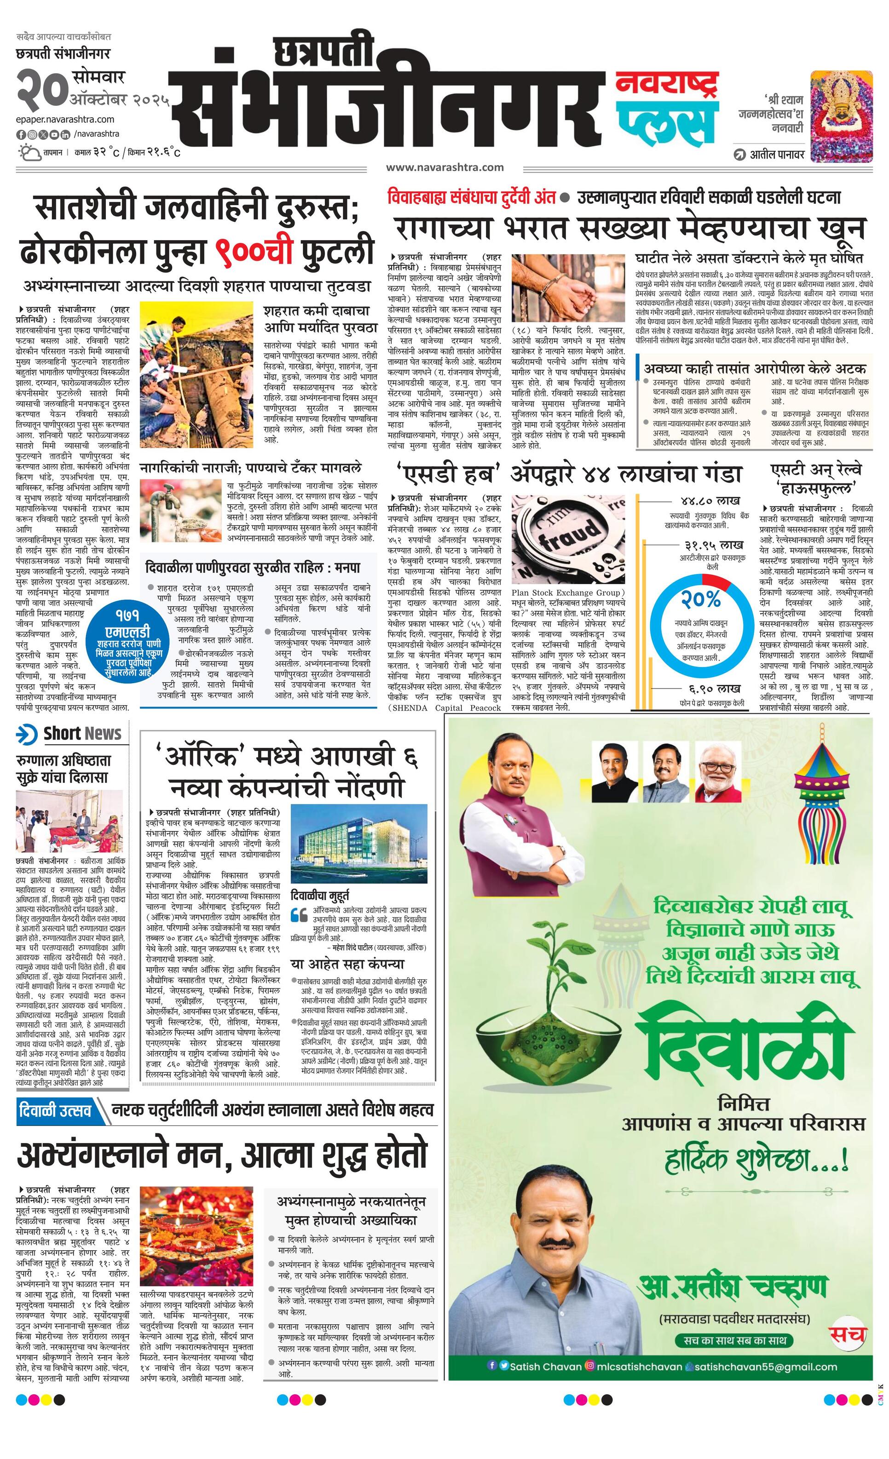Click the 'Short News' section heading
[82, 734]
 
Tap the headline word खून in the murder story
[839, 229]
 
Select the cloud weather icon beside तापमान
[28, 153]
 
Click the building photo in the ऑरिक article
[359, 843]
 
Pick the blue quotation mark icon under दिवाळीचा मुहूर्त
[299, 916]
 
